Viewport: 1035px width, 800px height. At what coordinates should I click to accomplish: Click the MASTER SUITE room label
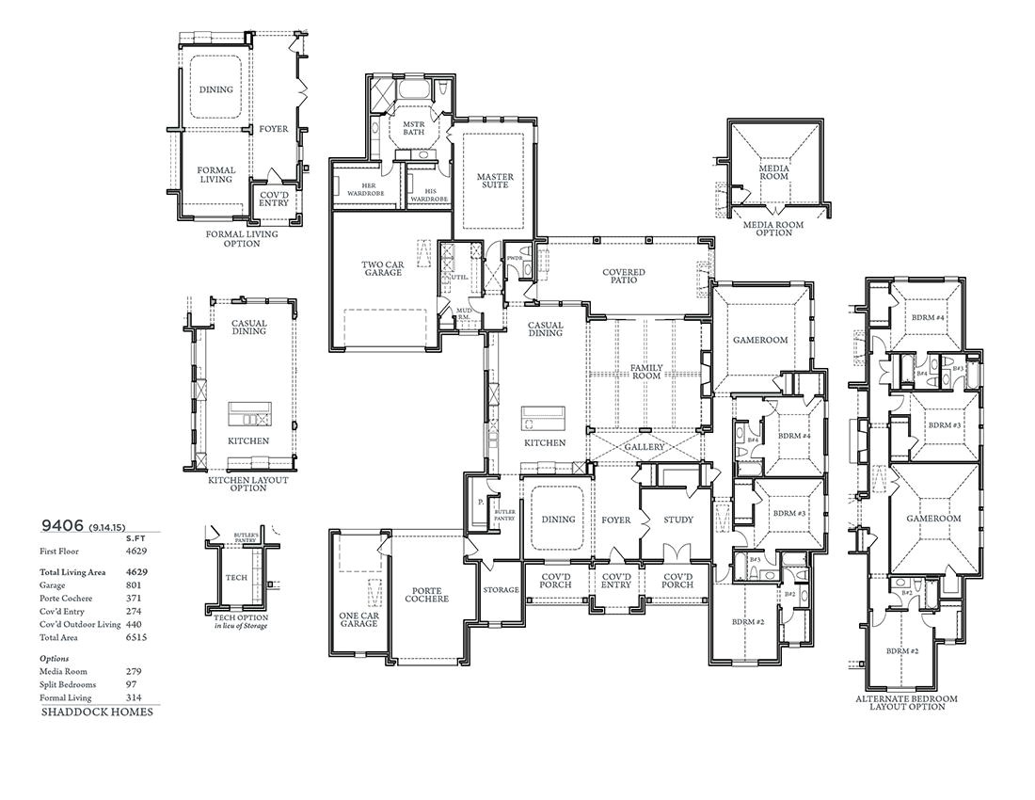493,181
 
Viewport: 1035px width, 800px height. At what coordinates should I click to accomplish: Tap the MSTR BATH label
414,128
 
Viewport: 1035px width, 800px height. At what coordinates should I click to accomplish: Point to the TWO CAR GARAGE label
383,268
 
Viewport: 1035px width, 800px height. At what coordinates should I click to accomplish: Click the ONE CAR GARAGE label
358,618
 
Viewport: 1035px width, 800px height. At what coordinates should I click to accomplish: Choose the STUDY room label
677,520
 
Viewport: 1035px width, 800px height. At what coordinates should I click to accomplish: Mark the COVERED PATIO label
624,277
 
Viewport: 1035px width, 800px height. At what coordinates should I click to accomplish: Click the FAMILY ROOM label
646,372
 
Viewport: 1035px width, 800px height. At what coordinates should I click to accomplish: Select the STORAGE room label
501,590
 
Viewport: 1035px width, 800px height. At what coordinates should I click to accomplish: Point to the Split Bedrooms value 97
132,684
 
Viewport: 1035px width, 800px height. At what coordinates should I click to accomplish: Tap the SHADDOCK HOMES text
97,712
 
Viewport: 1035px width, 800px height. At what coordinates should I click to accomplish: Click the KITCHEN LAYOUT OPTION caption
248,484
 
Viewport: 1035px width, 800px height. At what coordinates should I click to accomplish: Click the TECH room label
235,578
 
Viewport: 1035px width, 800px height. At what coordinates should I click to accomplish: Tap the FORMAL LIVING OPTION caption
242,239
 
